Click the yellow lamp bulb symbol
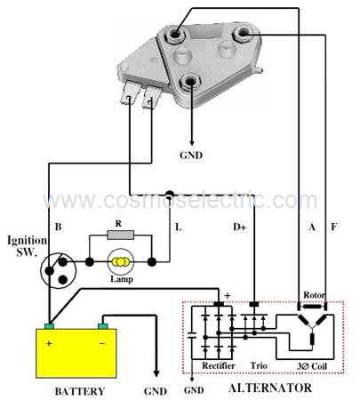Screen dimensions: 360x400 120,261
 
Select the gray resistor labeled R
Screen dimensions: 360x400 120,236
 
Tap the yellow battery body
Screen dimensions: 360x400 76,353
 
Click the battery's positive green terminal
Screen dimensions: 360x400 49,326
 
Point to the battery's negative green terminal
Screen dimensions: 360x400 102,326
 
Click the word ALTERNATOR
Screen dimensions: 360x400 270,388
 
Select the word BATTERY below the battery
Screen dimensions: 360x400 80,391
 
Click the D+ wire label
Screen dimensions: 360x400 239,227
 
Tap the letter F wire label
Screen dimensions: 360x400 334,227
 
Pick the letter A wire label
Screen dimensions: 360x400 312,227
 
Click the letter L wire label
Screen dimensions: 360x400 179,227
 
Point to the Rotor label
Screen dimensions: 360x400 314,295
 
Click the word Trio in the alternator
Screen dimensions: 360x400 259,365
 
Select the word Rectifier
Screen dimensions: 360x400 219,365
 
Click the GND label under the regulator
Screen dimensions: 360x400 191,155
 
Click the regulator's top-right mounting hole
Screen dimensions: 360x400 243,34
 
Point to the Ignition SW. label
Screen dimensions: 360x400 27,245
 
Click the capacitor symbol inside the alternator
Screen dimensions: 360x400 192,335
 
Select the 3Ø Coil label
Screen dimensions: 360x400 312,366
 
